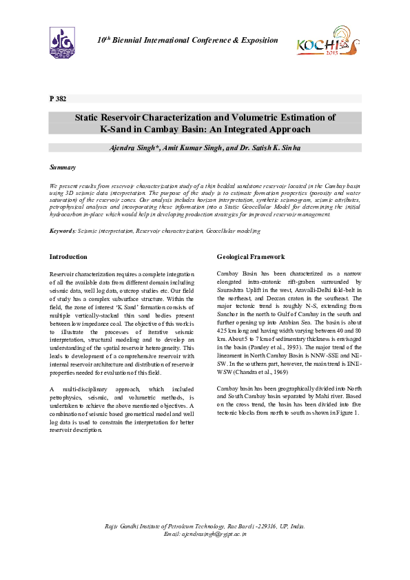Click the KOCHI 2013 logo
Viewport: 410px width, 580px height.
tap(327, 41)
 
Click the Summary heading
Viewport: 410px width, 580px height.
tap(62, 167)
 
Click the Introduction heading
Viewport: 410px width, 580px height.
tap(68, 257)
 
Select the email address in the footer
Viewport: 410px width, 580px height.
tap(205, 534)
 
